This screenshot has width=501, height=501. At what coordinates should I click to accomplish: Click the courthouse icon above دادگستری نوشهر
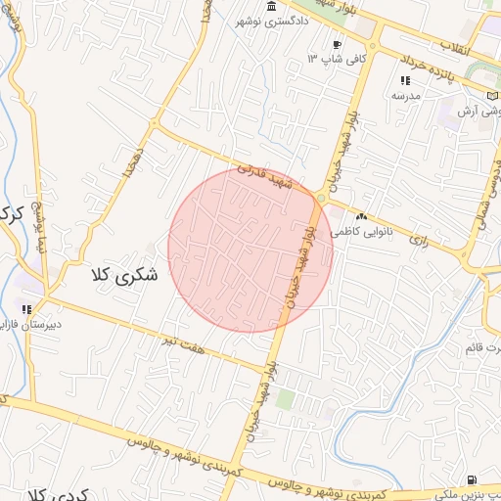click(270, 7)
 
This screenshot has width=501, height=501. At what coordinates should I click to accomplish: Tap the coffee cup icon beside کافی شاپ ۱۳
click(338, 44)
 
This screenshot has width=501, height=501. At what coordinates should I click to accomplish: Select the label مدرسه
click(405, 95)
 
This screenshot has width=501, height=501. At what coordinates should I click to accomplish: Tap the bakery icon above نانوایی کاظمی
click(362, 216)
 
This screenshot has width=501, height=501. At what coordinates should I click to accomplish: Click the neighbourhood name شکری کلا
click(124, 275)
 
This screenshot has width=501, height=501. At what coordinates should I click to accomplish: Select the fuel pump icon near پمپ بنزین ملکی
click(474, 479)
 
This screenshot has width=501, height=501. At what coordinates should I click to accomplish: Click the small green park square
click(285, 399)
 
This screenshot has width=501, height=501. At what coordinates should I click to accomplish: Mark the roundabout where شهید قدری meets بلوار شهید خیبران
click(322, 199)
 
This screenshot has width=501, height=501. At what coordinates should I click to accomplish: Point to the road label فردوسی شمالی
click(486, 186)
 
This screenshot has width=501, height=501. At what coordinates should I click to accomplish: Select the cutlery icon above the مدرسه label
click(405, 80)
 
